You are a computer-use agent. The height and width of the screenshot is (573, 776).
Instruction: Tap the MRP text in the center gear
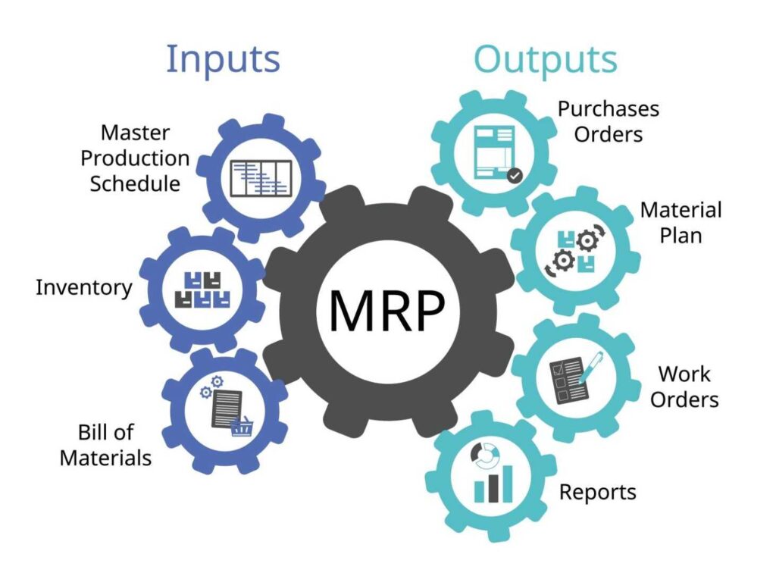pos(387,312)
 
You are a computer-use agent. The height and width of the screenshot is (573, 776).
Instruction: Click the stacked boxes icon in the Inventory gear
pos(202,290)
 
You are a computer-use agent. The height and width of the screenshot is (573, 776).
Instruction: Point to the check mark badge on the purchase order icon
pos(515,176)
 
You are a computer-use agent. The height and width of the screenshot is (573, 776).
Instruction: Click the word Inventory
pos(83,287)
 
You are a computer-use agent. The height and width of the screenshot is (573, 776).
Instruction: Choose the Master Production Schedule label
pos(135,158)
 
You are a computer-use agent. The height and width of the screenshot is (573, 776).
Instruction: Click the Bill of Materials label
pos(105,445)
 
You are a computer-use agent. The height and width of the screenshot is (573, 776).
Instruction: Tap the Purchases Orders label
pos(609,121)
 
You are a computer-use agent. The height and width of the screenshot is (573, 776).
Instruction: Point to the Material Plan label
pos(681,222)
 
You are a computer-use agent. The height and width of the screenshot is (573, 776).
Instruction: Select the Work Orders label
pos(684,386)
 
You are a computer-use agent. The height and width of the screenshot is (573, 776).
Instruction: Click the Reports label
pos(597,493)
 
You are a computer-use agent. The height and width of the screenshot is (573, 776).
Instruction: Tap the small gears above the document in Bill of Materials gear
pos(211,387)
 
